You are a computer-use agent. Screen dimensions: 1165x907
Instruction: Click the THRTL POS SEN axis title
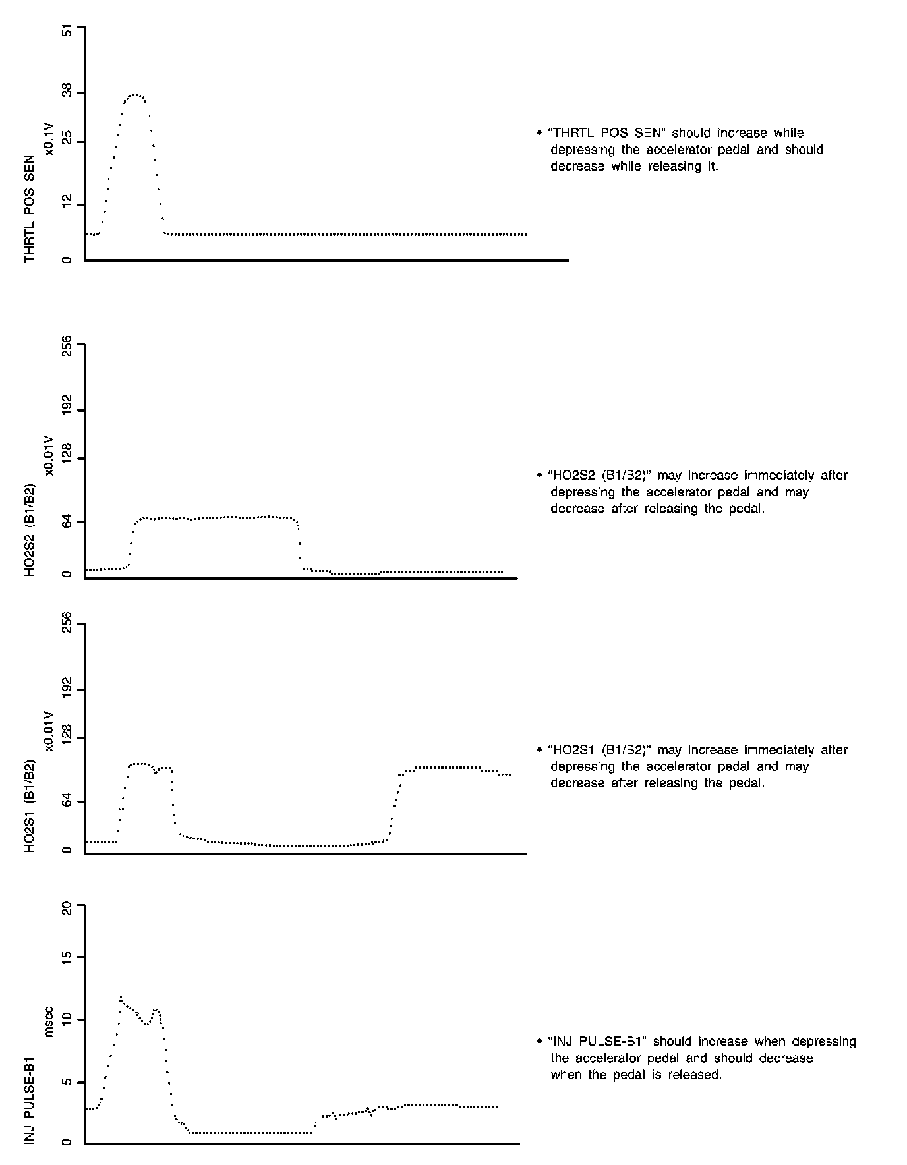[x=30, y=209]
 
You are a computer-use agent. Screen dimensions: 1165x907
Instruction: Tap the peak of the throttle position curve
[x=135, y=95]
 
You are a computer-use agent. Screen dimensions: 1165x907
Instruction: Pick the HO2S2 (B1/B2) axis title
[x=30, y=531]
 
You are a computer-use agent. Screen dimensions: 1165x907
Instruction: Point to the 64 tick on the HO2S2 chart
[x=67, y=523]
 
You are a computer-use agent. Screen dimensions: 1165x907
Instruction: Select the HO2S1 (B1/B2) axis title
[x=30, y=807]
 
